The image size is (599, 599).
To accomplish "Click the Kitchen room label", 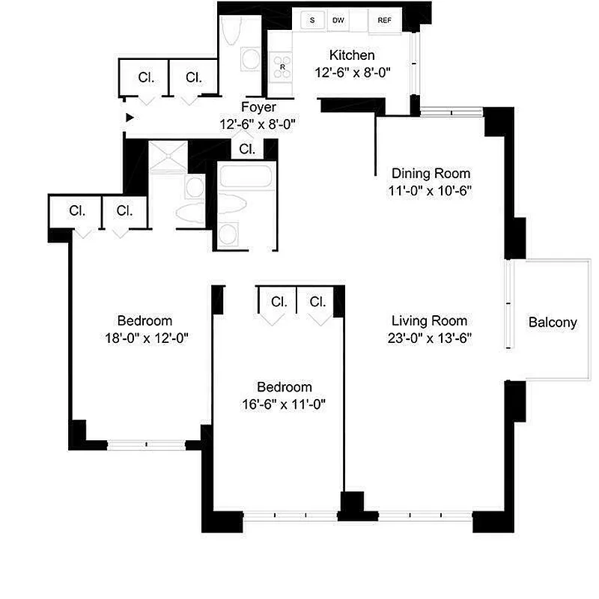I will click(x=352, y=55).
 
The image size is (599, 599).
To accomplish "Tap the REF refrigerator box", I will click(x=385, y=20).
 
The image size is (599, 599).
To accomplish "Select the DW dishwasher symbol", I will click(x=338, y=20).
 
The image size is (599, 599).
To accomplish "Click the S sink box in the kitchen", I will click(x=311, y=20).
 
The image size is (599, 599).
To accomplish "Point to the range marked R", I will click(x=282, y=66).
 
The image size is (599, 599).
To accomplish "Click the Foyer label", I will click(x=258, y=108).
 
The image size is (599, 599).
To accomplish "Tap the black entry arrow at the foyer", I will click(x=130, y=118).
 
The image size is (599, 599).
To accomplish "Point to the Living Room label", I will click(x=424, y=319).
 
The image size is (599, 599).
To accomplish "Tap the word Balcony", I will click(x=553, y=323).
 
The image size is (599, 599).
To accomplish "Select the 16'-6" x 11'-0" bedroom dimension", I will click(x=285, y=405).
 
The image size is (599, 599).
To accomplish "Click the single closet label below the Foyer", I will click(x=247, y=149).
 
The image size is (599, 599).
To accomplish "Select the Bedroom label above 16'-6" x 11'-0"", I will click(x=285, y=387).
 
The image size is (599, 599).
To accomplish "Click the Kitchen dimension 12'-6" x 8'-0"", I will click(x=352, y=73).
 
